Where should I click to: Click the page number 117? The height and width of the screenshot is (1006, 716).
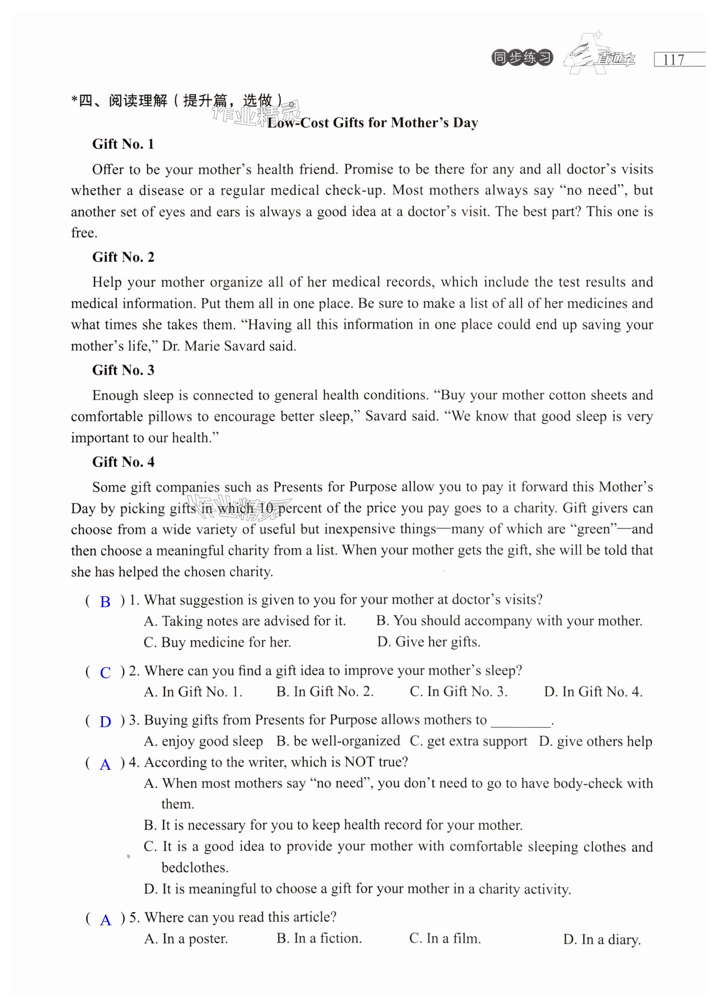tap(674, 59)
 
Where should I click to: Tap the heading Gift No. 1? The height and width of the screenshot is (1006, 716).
tap(123, 144)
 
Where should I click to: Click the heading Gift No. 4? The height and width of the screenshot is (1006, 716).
tap(123, 462)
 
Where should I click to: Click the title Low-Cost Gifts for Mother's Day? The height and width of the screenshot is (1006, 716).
tap(372, 123)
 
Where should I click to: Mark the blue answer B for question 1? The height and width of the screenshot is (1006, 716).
tap(105, 602)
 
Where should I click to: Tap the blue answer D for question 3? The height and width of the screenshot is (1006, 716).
tap(105, 722)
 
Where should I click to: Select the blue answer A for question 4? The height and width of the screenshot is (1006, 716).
tap(105, 765)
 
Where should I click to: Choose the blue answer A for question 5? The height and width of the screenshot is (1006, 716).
tap(105, 920)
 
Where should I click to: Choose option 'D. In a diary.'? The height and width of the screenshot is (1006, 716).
tap(601, 939)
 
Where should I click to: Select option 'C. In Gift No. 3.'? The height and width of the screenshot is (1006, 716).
tap(458, 692)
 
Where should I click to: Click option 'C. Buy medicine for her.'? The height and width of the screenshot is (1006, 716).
tap(217, 642)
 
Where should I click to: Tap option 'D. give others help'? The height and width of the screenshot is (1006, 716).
tap(595, 741)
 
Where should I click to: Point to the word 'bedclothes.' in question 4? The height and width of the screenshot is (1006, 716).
tap(195, 868)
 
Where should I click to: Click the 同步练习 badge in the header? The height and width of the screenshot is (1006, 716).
tap(522, 58)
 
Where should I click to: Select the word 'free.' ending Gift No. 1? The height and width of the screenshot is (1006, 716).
tap(84, 233)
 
